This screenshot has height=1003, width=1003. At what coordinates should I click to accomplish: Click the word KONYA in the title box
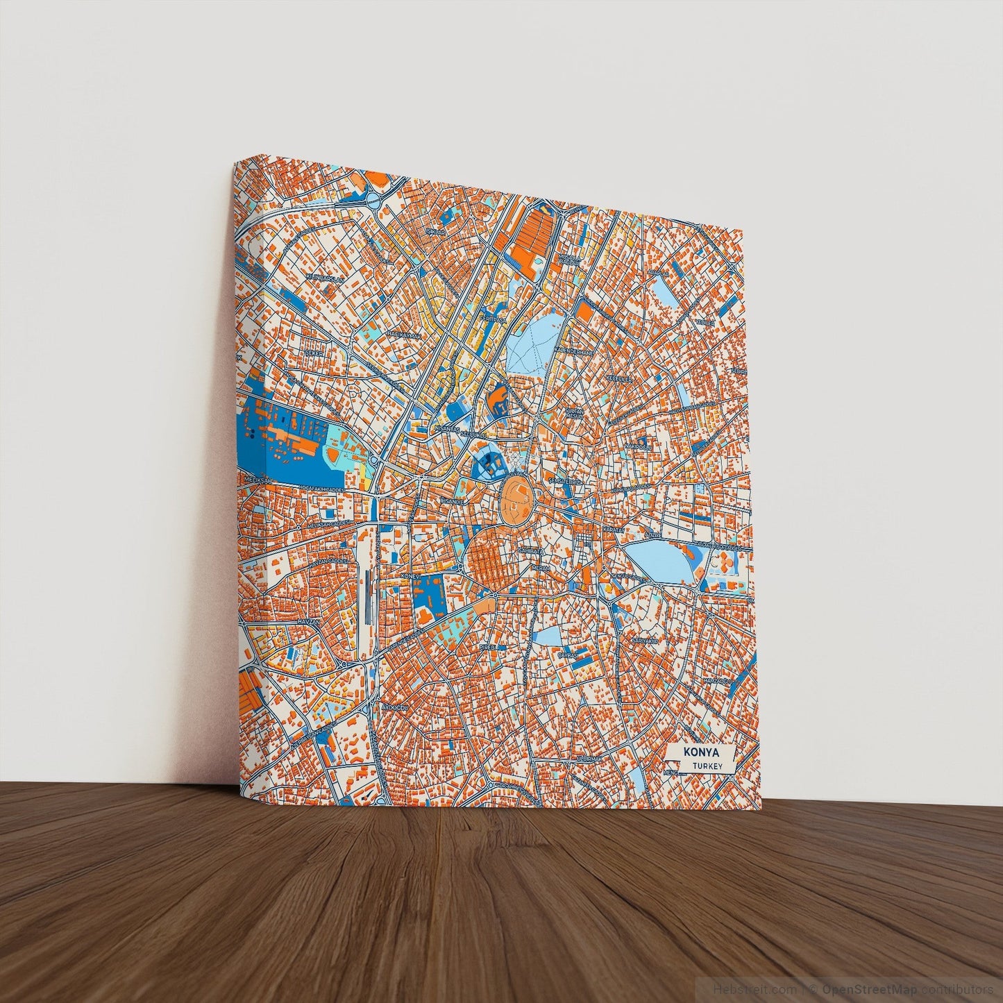tap(700, 752)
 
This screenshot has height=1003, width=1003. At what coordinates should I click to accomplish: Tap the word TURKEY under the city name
tap(707, 766)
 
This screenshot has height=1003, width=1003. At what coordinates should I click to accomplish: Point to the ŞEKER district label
tap(314, 353)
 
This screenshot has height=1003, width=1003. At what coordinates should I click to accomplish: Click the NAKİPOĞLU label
tap(637, 446)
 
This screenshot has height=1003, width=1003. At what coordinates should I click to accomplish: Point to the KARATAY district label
tap(614, 530)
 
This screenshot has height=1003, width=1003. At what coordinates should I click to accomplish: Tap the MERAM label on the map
tap(540, 568)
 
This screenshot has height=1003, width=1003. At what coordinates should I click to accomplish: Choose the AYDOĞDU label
tap(392, 707)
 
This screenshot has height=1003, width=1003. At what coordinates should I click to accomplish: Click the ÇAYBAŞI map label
tap(568, 655)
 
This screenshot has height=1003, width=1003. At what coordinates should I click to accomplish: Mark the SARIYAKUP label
tap(644, 641)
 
